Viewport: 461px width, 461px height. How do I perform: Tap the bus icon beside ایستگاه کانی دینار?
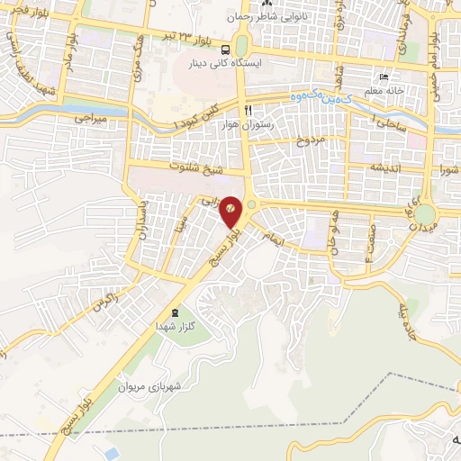(225, 50)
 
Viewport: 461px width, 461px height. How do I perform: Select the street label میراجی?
(92, 117)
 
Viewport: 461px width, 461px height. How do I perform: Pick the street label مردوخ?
(309, 140)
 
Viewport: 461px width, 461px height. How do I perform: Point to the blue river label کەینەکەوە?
(322, 95)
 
